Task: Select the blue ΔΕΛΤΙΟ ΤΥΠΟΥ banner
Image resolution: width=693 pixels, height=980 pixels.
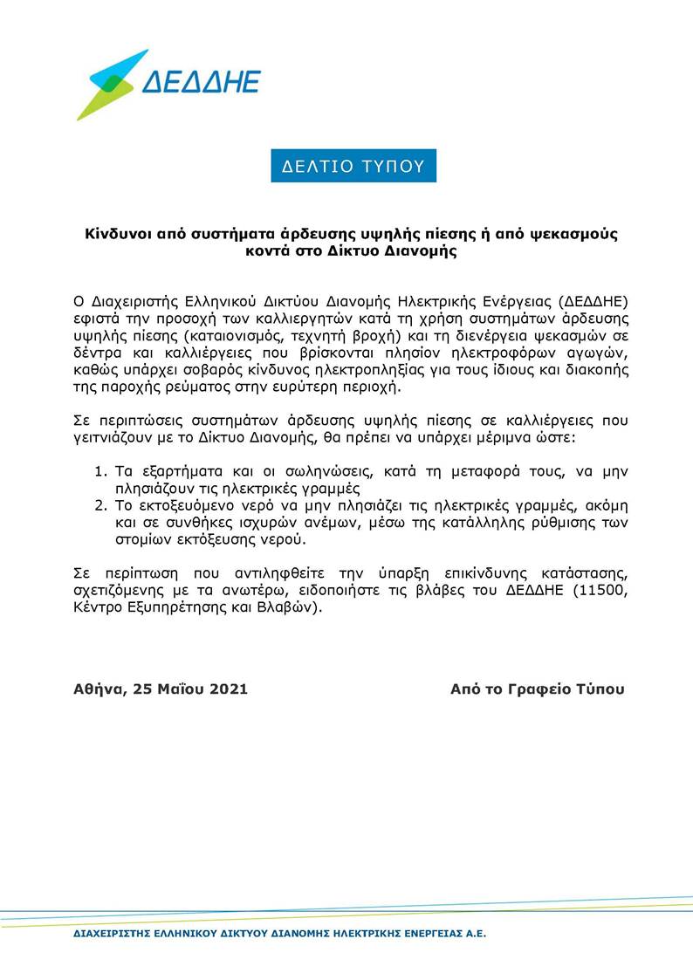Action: click(353, 166)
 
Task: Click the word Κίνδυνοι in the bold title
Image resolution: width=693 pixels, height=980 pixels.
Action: click(118, 235)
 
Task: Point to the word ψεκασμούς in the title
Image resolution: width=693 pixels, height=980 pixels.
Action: click(574, 235)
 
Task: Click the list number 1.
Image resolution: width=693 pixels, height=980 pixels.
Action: click(99, 472)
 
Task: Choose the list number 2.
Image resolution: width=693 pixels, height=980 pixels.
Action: click(99, 506)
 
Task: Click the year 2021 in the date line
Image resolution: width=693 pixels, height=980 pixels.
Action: click(227, 689)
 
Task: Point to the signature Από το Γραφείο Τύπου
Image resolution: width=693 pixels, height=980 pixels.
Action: click(538, 689)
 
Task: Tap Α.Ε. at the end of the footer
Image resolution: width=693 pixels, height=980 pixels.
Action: click(473, 934)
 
